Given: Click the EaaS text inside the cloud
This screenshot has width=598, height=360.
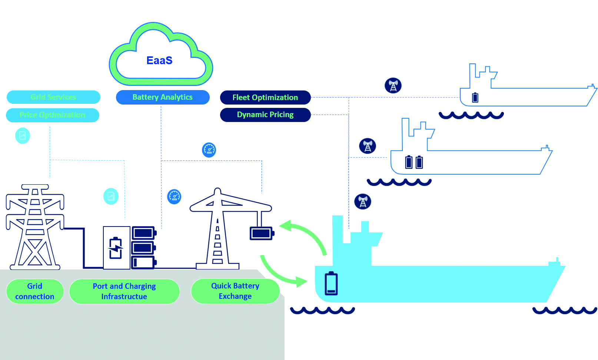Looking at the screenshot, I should pos(159,60).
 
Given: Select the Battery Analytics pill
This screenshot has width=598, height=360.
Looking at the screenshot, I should pos(163,97).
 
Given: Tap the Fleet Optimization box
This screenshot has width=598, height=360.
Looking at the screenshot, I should pos(265,98).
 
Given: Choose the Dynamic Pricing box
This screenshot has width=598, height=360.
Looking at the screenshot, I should pos(265,115).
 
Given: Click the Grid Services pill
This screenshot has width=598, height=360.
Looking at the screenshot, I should pos(53,97).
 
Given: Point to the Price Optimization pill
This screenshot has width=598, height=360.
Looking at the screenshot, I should pos(53,115).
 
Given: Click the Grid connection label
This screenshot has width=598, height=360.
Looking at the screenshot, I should pos(35,291).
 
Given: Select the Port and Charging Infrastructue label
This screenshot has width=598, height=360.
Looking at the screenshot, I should pos(124,291).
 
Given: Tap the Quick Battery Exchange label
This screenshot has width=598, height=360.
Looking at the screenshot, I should pos(235,291).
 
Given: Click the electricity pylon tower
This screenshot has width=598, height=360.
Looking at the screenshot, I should pos(35,226).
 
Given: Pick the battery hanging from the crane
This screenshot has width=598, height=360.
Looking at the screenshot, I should pos(262,233).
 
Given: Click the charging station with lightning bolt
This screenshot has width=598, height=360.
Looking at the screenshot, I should pos(116,248).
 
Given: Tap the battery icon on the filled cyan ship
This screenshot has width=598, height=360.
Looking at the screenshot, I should pos(331,283).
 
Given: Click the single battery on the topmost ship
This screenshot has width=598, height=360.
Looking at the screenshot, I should pos(475,98).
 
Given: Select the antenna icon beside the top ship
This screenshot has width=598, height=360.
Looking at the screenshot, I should pos(393,86).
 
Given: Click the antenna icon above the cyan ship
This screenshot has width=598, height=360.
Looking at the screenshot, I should pos(363,202).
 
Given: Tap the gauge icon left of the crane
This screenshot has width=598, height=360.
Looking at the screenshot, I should pos(174,196).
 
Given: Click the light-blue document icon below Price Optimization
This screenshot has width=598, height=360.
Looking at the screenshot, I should pos(23,136).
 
